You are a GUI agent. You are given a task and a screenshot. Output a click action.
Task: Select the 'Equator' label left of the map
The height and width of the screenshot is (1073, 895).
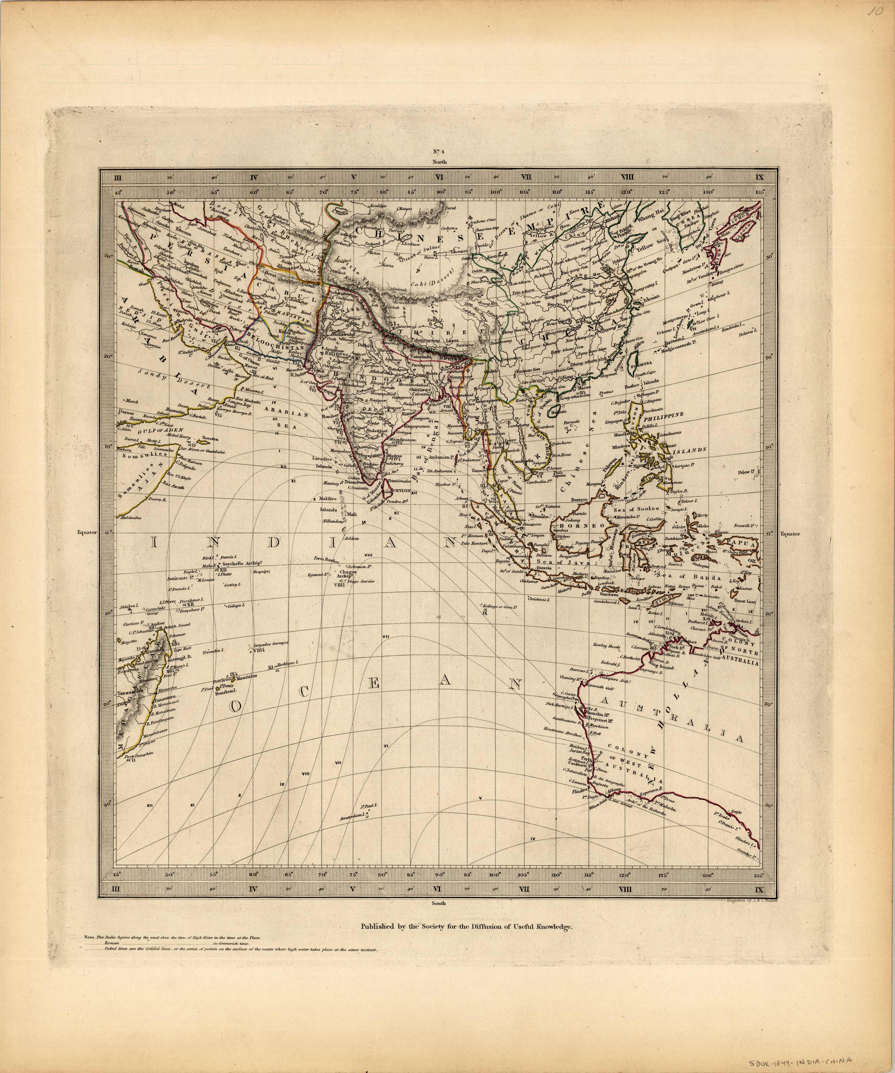pos(87,532)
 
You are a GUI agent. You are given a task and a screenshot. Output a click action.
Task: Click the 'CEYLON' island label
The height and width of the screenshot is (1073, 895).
pos(401,490)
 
